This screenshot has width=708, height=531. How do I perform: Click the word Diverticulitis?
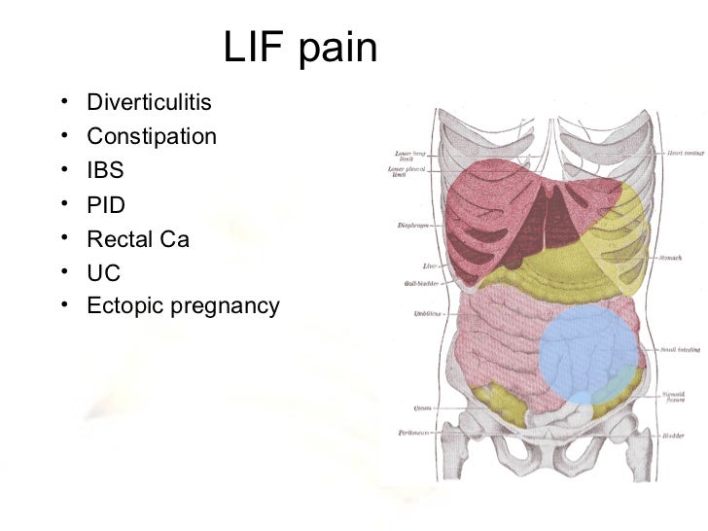149,102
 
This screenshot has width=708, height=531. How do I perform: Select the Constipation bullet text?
152,136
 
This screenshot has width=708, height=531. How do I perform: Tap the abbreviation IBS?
106,171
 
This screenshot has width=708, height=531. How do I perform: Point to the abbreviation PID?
106,205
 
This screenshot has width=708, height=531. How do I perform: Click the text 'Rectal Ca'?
137,239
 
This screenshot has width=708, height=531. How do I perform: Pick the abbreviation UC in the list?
103,273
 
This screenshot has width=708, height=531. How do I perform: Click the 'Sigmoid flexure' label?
677,397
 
